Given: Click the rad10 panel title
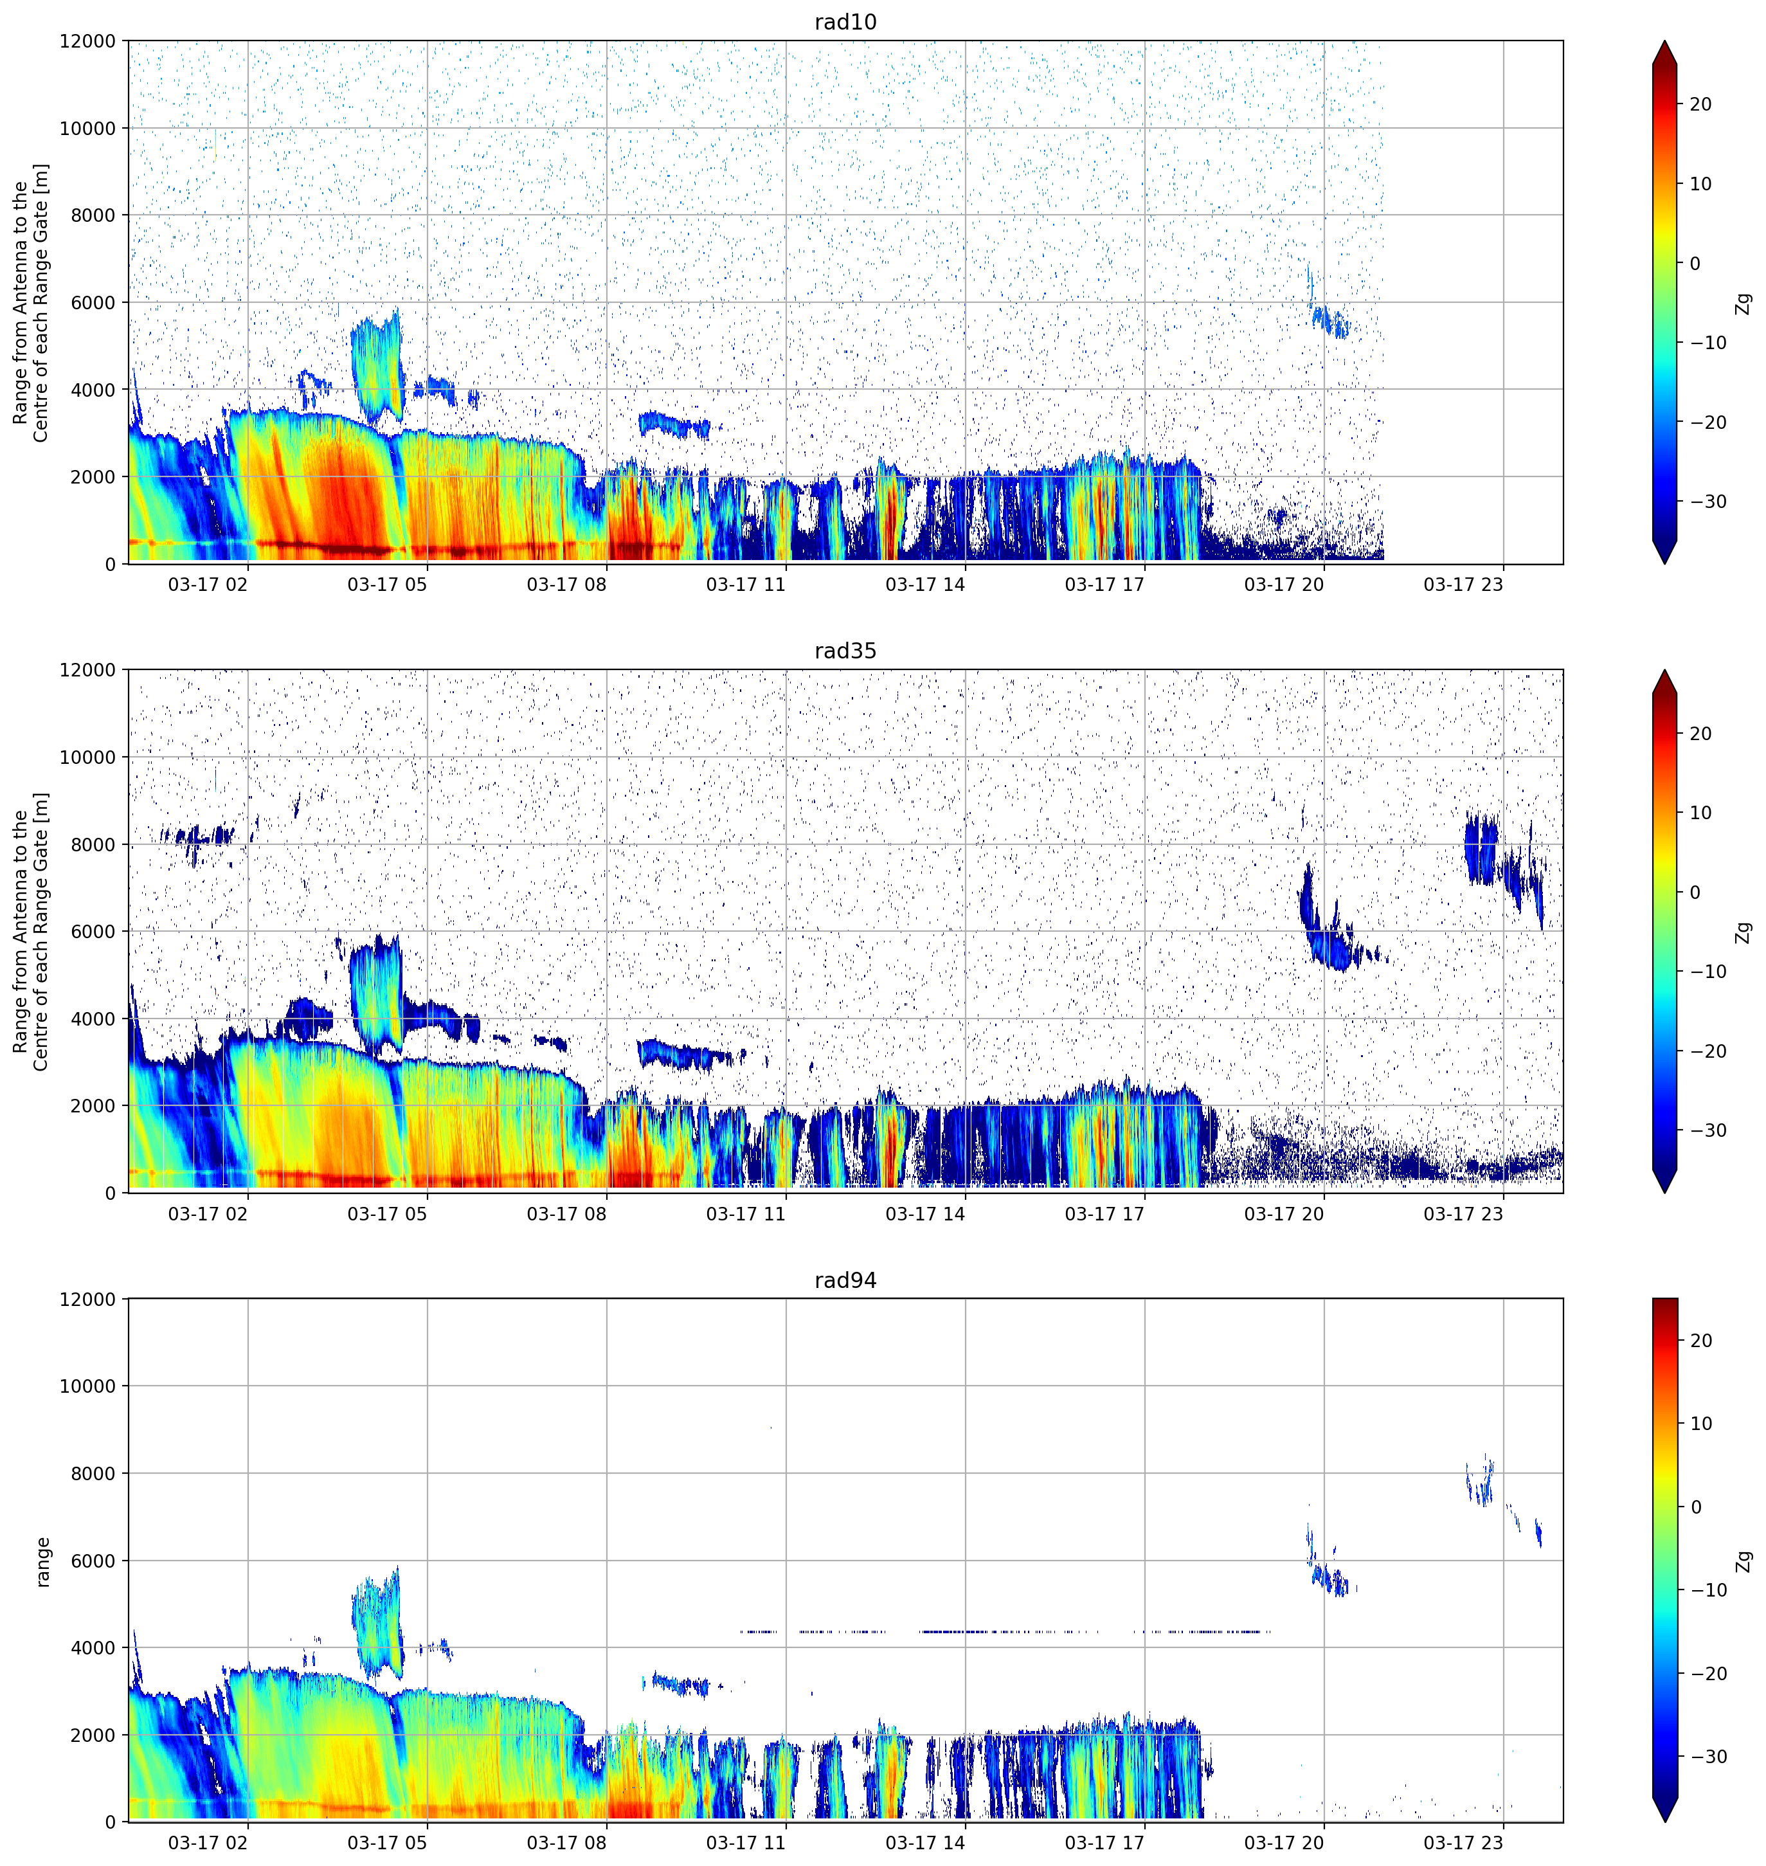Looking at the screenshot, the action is click(x=845, y=22).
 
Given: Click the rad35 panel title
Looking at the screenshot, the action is click(x=845, y=651).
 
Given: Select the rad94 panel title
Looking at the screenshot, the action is click(x=845, y=1280).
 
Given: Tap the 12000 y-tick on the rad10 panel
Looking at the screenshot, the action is click(x=87, y=41).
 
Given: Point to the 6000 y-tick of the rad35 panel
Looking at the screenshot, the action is click(x=93, y=931).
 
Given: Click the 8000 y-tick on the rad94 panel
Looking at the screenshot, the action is click(x=93, y=1473).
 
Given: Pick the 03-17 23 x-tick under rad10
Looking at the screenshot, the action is click(x=1463, y=584).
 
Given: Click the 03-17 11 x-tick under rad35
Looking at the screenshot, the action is click(x=746, y=1213).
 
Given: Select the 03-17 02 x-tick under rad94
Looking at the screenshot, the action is click(x=208, y=1842).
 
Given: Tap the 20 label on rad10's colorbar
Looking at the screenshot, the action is click(x=1700, y=105).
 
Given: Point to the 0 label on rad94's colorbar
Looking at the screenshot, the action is click(x=1695, y=1507).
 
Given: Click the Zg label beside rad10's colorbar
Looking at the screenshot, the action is click(x=1743, y=303).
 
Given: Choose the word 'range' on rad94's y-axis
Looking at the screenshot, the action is click(x=42, y=1562).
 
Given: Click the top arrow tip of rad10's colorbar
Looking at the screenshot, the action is click(x=1664, y=41).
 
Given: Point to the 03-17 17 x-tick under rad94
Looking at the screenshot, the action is click(x=1104, y=1842).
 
